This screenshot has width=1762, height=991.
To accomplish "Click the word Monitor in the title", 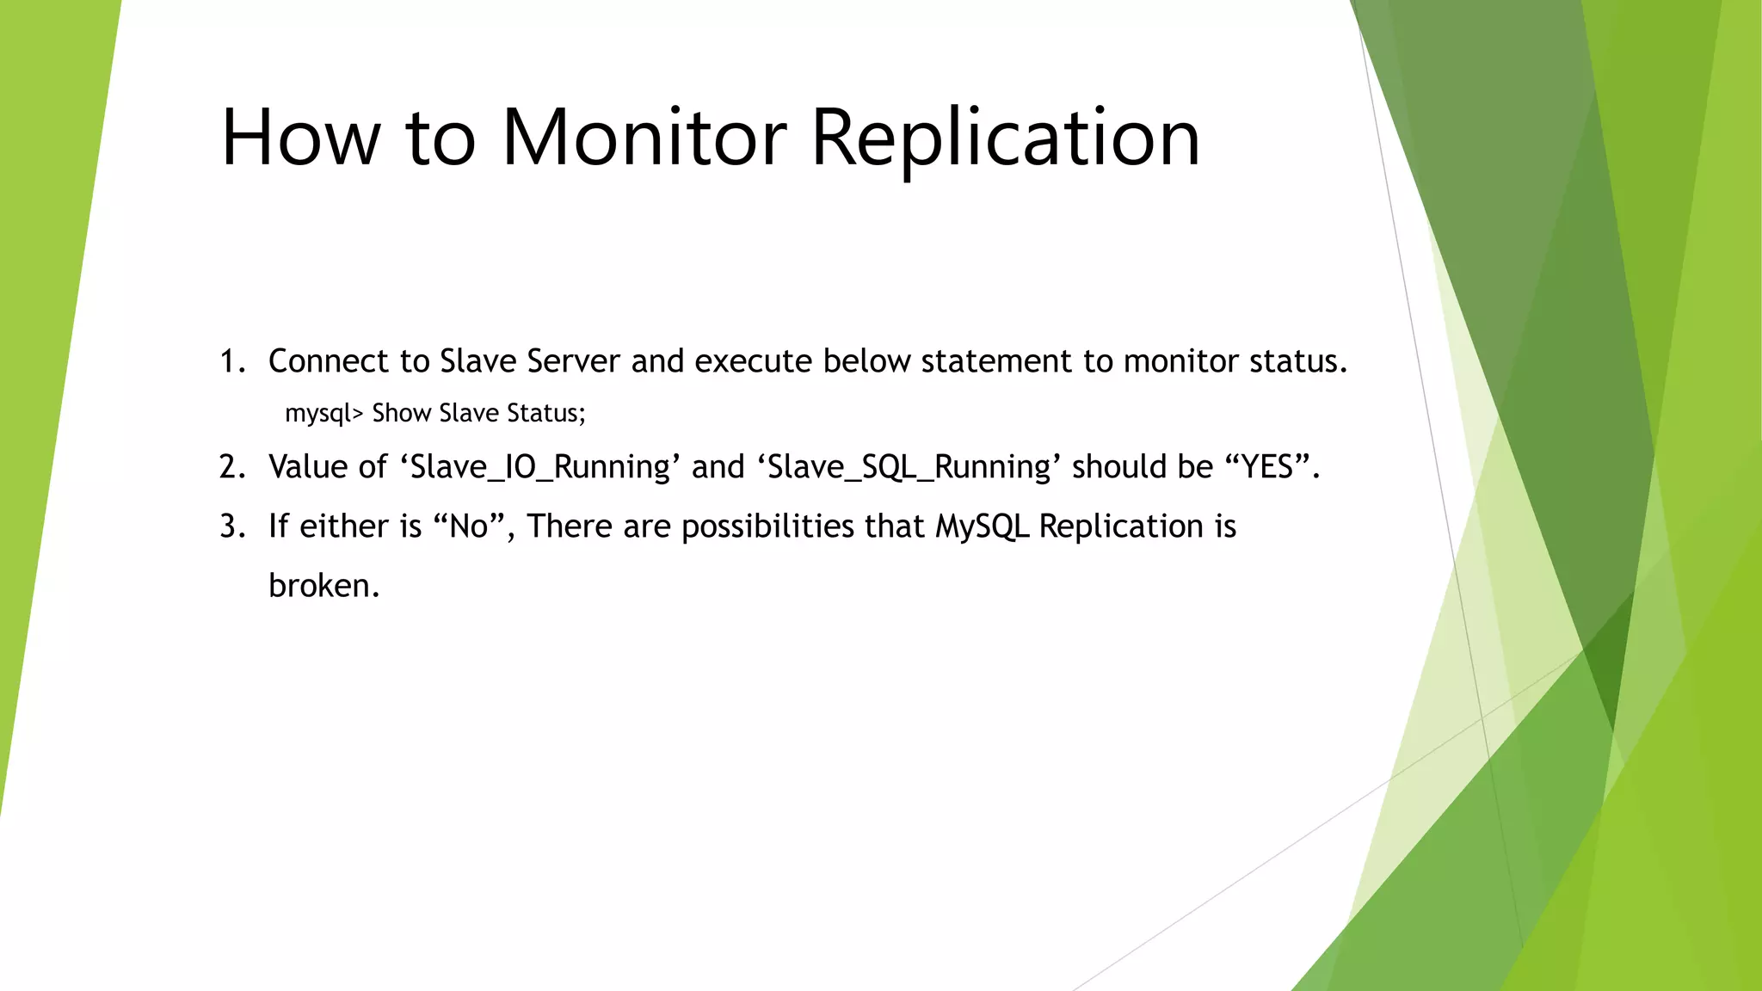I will pos(644,138).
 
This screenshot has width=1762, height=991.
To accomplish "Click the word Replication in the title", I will pos(1005,138).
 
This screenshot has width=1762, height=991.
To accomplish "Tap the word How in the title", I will pos(300,138).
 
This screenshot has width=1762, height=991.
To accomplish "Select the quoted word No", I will pos(469,526).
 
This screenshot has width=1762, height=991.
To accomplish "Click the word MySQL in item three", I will pos(982,526).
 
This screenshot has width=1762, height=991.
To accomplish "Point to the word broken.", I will pos(323,586).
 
